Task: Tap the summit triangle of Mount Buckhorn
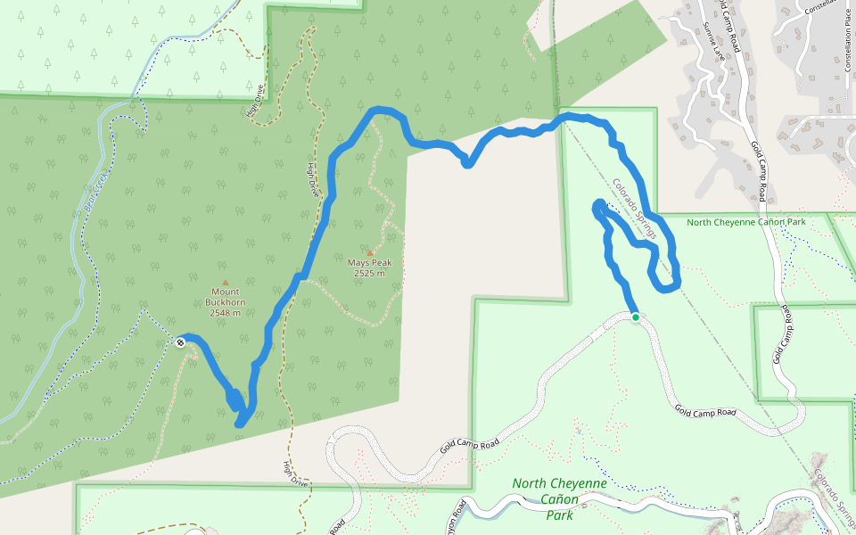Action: [225, 282]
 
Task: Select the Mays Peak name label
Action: [370, 263]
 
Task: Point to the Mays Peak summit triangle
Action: [370, 253]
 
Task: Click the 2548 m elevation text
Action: [225, 313]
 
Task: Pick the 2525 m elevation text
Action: [369, 274]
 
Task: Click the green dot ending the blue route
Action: [635, 317]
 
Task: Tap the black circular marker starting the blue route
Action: [181, 342]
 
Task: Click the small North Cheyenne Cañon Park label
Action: [746, 222]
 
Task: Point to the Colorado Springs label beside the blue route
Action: [634, 210]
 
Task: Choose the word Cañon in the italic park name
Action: [560, 499]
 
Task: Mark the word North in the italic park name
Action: [530, 483]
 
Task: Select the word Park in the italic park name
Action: [559, 514]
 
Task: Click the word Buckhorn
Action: [225, 302]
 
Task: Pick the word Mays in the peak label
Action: [358, 263]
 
